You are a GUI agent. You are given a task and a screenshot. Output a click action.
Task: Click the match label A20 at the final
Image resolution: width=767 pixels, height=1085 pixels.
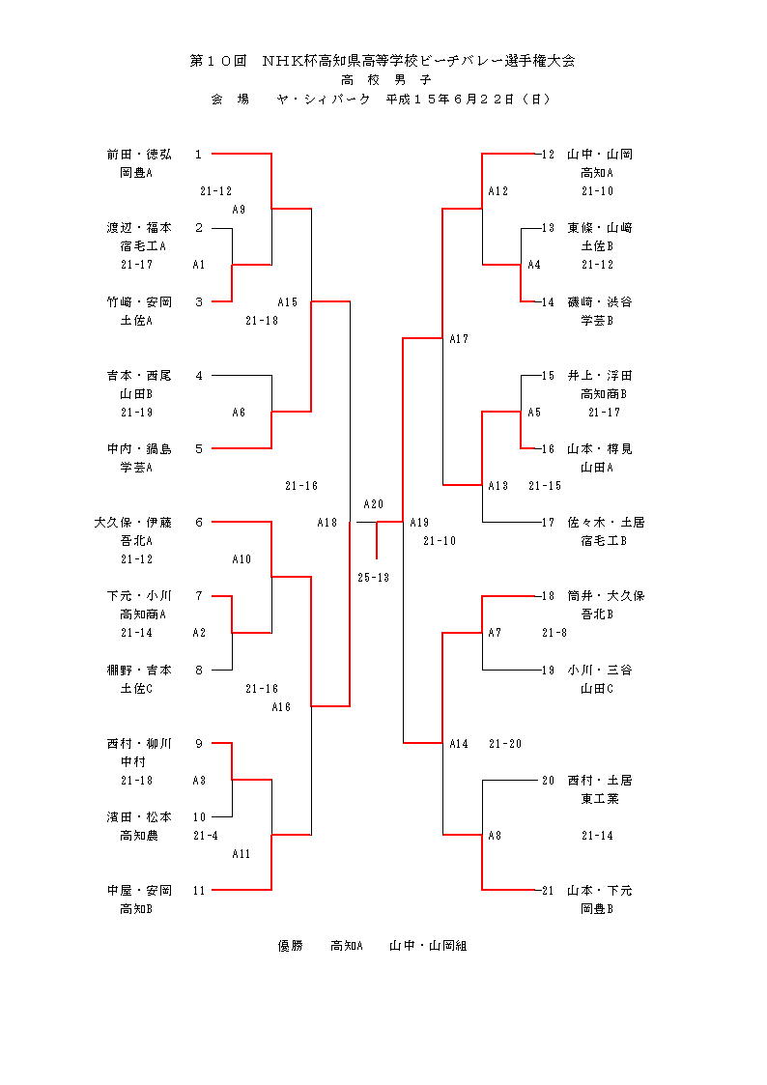pyautogui.click(x=373, y=504)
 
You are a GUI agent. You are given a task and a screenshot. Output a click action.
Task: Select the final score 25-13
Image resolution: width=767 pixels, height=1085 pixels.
pyautogui.click(x=373, y=578)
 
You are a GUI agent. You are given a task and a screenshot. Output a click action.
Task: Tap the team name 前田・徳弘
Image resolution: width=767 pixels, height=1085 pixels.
pyautogui.click(x=139, y=154)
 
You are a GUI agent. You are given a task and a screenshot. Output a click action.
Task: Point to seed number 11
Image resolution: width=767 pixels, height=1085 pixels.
pyautogui.click(x=198, y=891)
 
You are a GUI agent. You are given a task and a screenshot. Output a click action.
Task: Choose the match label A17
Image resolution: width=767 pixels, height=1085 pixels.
pyautogui.click(x=459, y=339)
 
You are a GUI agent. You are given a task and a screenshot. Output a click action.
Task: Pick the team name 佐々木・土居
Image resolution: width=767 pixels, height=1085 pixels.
pyautogui.click(x=606, y=523)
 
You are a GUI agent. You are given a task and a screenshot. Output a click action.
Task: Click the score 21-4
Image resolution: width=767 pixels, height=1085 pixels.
pyautogui.click(x=205, y=836)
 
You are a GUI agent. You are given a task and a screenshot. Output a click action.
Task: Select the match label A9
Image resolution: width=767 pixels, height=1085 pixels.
pyautogui.click(x=239, y=210)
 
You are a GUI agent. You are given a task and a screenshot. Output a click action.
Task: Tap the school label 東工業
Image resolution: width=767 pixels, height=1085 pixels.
pyautogui.click(x=600, y=799)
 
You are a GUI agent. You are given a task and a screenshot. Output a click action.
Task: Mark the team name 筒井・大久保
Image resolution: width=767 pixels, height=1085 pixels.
pyautogui.click(x=606, y=596)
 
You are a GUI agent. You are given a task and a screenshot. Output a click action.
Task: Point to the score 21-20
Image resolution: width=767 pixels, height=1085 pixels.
pyautogui.click(x=505, y=744)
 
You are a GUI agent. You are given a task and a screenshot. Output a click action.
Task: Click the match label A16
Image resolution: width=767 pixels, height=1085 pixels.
pyautogui.click(x=281, y=707)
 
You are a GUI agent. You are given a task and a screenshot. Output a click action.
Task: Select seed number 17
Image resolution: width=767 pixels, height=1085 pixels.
pyautogui.click(x=548, y=523)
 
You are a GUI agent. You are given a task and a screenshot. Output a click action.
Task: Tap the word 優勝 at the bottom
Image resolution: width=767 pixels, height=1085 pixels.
pyautogui.click(x=291, y=947)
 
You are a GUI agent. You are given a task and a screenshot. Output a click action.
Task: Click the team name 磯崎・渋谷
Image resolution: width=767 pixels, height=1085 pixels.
pyautogui.click(x=600, y=302)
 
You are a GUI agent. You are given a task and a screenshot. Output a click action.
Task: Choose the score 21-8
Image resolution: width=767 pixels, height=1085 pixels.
pyautogui.click(x=554, y=633)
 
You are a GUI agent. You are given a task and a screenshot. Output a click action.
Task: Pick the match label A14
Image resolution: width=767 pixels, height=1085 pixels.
pyautogui.click(x=459, y=744)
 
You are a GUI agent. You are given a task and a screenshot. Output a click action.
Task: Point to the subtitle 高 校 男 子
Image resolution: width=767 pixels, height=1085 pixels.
pyautogui.click(x=383, y=79)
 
